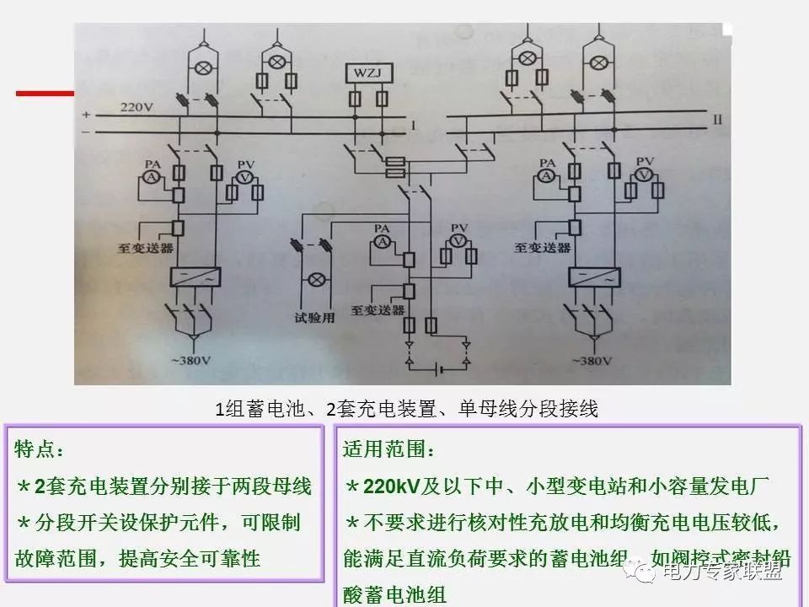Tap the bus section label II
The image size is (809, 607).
(717, 120)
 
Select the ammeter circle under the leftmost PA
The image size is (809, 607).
(152, 175)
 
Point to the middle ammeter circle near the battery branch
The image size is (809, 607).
(381, 242)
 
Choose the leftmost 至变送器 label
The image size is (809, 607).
(146, 249)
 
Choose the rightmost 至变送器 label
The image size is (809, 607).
(543, 249)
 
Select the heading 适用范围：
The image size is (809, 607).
(379, 448)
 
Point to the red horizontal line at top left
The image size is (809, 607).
(46, 93)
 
